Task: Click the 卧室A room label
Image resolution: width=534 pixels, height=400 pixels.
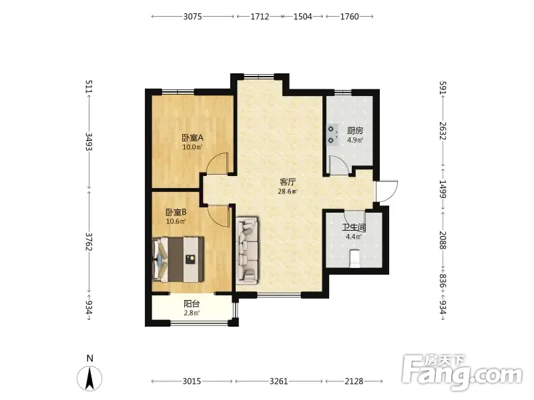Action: point(192,138)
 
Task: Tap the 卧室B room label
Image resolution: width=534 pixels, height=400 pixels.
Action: point(176,212)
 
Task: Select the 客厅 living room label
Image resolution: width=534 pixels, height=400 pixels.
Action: point(288,182)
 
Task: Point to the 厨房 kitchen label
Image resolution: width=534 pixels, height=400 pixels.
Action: point(355,131)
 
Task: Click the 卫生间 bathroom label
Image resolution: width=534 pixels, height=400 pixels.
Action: point(354,227)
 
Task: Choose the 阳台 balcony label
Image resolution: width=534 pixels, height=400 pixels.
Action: point(192,304)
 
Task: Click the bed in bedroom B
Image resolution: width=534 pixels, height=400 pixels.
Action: point(178,259)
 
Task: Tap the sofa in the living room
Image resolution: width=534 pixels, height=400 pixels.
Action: point(247,250)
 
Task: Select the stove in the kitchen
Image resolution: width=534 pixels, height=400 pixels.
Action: point(332,135)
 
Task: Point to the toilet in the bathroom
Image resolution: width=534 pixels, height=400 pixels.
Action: point(354,259)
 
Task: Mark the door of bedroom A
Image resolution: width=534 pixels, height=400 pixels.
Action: point(218,164)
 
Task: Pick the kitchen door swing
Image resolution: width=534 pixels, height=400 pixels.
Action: point(339,165)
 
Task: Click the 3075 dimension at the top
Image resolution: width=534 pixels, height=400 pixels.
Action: point(193,16)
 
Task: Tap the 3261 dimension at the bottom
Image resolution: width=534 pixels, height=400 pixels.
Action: point(278,381)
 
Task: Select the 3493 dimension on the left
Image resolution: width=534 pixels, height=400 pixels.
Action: point(89,141)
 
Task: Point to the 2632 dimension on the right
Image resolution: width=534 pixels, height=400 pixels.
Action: point(443,131)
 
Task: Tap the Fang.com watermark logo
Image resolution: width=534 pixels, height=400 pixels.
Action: point(462,373)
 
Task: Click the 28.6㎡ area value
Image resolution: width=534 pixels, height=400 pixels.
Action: point(288,191)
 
